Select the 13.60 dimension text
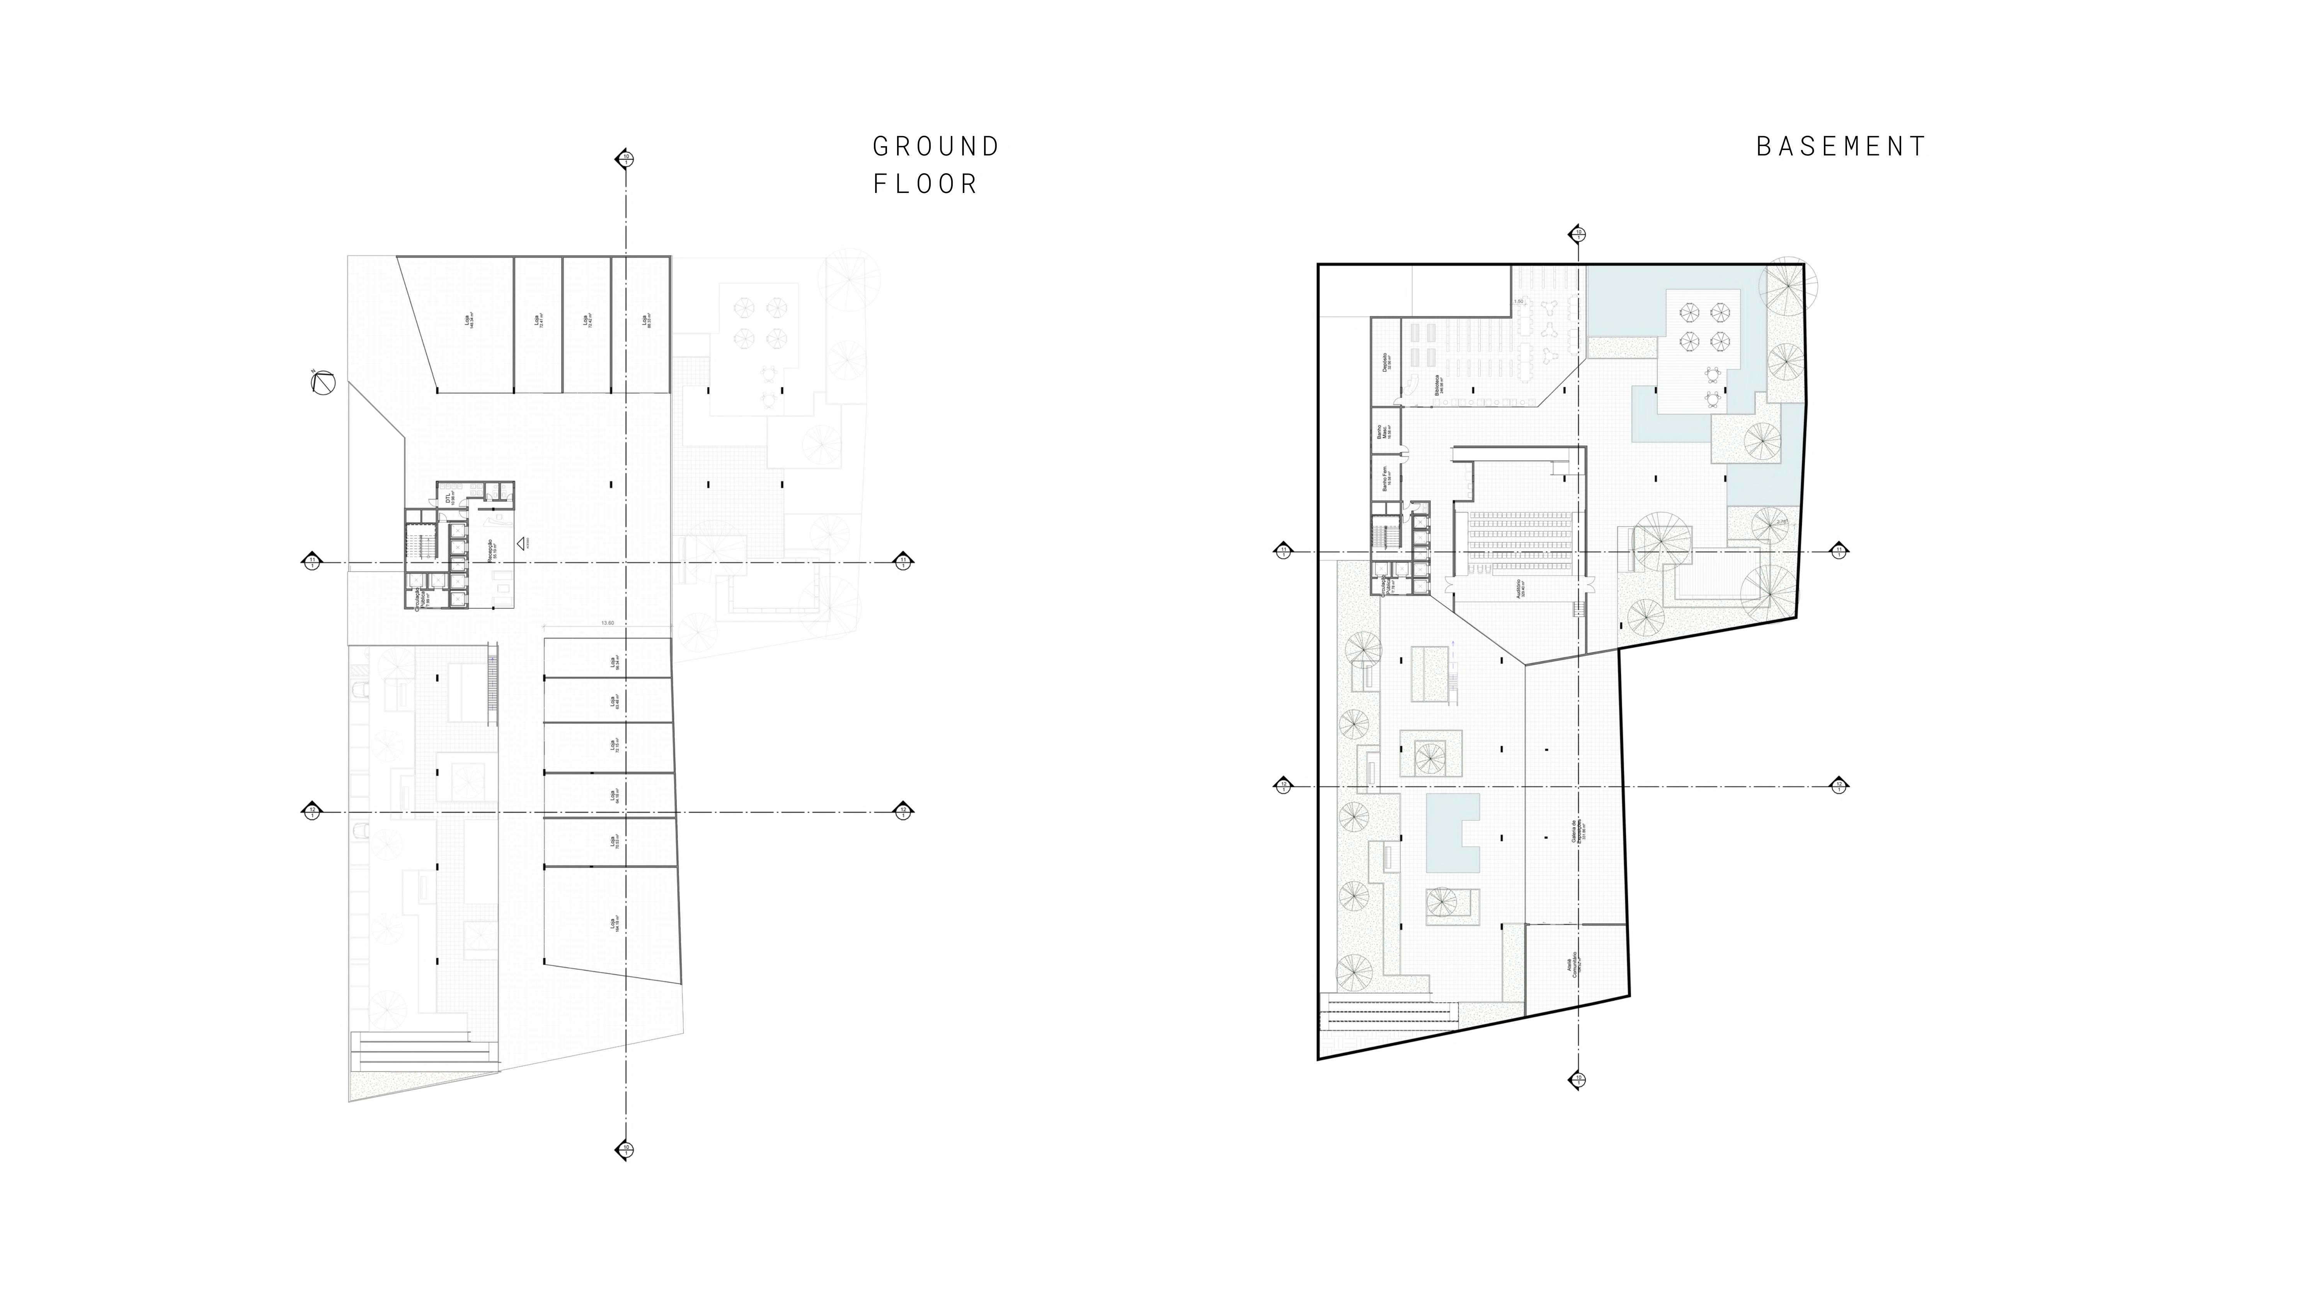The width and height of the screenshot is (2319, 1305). coord(608,623)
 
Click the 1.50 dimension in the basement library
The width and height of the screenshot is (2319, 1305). coord(1519,302)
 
